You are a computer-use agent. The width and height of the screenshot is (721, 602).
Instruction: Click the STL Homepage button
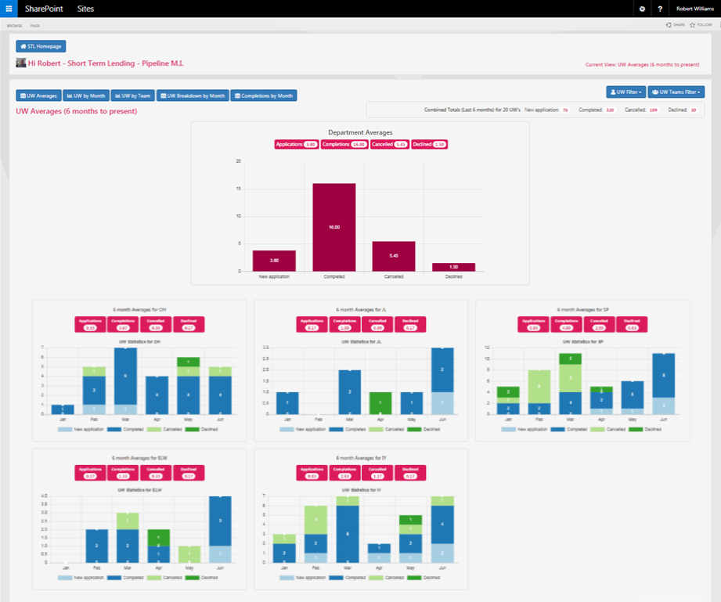tap(41, 46)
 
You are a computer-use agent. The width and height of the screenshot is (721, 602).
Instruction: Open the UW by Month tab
tap(86, 96)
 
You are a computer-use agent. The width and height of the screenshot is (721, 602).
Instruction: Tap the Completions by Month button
tap(264, 96)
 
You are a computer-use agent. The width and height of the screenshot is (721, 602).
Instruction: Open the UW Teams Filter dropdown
tap(676, 92)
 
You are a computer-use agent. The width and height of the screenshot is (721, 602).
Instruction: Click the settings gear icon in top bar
tap(642, 9)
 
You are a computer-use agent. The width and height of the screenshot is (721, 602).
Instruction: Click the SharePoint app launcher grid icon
tap(9, 9)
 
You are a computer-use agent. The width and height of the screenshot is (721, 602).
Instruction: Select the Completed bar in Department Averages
tap(334, 227)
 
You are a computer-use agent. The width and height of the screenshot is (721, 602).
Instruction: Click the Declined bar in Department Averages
tap(453, 267)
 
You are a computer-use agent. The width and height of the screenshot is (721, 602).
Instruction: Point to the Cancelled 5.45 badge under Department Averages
tap(389, 144)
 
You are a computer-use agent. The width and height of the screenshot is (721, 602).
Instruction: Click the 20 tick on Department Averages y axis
tap(239, 161)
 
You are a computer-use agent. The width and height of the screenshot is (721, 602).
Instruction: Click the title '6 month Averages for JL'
tap(360, 310)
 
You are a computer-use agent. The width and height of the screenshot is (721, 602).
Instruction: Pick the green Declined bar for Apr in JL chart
tap(380, 402)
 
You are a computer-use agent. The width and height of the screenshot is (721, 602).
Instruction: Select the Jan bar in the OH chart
tap(68, 409)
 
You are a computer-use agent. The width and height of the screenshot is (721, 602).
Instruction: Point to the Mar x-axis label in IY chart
tap(348, 568)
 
